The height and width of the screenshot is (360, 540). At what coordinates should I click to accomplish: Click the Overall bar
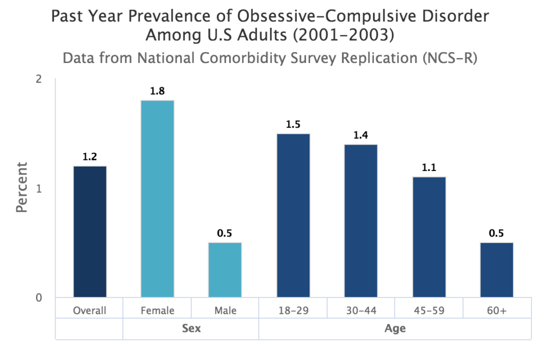[90, 232]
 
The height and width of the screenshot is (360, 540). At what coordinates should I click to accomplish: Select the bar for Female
[157, 199]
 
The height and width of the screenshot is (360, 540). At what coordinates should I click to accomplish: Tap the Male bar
[225, 270]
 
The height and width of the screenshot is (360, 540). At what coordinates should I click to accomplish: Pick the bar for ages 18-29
[293, 215]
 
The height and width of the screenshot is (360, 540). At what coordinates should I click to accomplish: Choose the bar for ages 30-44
[360, 221]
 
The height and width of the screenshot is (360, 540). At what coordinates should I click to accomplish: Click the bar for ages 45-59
[428, 237]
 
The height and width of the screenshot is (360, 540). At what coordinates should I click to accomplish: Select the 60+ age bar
[496, 270]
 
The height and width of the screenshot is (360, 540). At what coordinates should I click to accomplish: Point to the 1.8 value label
[157, 91]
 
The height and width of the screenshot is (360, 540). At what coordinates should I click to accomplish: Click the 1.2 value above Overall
[90, 157]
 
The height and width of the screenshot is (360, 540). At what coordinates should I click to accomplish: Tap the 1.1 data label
[428, 168]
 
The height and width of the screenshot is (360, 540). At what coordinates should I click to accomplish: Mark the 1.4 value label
[360, 135]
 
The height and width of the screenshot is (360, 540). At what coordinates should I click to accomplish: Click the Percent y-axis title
[21, 187]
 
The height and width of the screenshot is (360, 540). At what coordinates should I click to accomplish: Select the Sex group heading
[191, 329]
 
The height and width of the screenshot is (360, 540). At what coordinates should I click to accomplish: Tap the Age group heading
[394, 329]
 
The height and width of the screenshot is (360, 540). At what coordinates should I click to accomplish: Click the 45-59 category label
[428, 310]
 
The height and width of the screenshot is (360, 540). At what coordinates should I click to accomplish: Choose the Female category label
[157, 310]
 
